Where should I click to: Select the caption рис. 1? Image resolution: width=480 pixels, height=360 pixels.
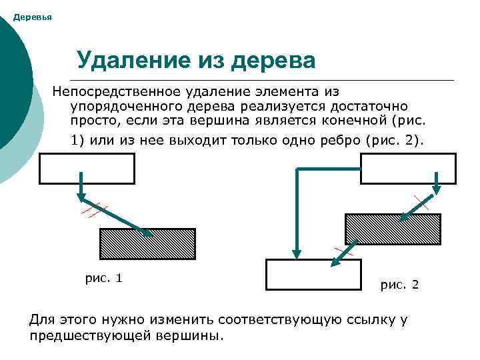103,278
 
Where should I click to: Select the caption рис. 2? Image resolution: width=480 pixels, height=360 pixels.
399,285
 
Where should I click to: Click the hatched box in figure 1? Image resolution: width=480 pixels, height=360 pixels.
147,244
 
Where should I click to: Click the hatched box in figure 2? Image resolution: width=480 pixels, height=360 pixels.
393,229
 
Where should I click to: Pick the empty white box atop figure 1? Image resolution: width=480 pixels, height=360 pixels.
87,168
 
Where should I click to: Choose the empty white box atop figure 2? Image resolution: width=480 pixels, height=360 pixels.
408,168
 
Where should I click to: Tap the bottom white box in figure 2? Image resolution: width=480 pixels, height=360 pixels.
313,274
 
